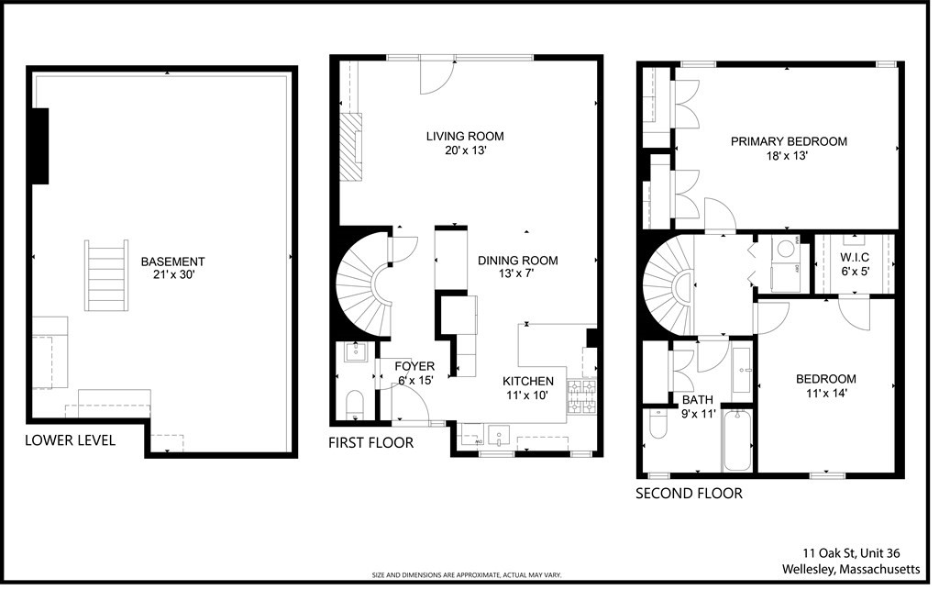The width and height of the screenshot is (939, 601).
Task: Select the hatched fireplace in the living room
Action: (x=351, y=148)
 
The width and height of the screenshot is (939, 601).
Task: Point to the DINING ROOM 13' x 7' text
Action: (x=517, y=267)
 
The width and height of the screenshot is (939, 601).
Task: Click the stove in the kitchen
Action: (x=581, y=397)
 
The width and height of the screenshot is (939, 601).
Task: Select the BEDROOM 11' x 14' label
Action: (x=824, y=385)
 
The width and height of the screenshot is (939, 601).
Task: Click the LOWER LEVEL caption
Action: (x=70, y=440)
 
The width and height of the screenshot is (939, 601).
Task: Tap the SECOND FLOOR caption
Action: (x=689, y=494)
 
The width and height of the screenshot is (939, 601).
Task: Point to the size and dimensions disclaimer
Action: (x=466, y=575)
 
